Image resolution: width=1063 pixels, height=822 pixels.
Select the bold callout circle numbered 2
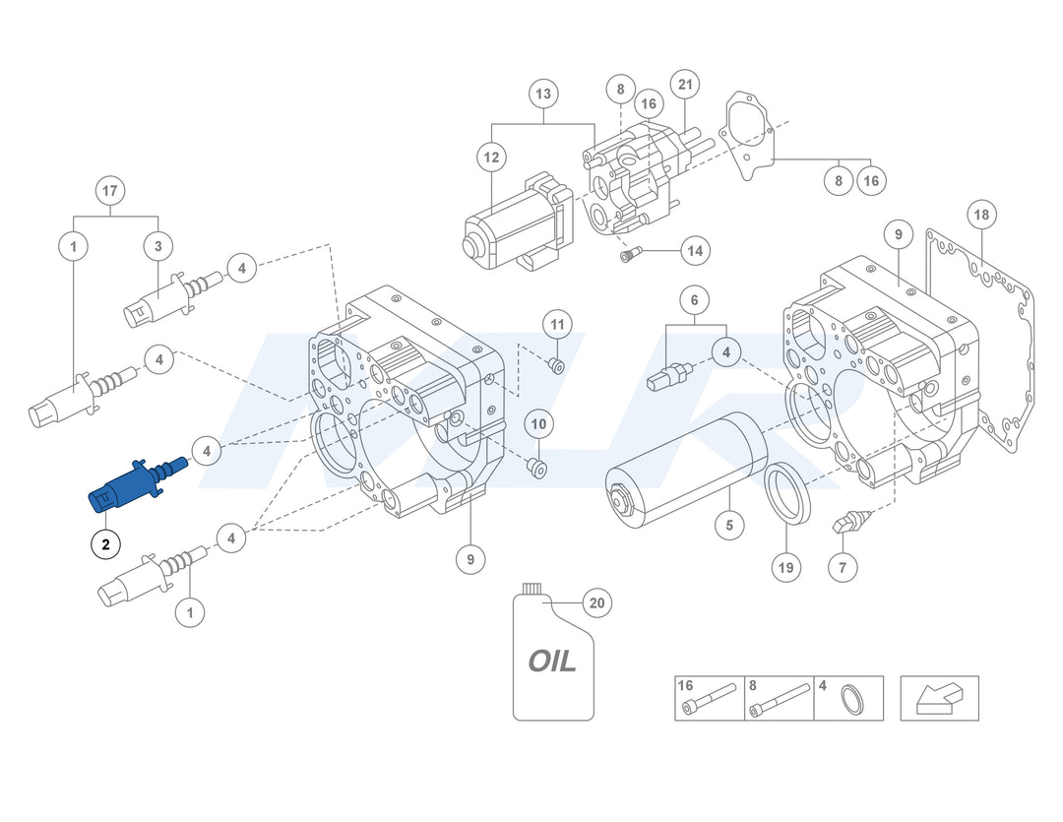click(x=105, y=543)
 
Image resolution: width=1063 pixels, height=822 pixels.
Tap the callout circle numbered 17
click(x=109, y=190)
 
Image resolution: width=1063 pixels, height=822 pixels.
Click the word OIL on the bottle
click(x=552, y=660)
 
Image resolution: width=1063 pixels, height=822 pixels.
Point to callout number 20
click(x=596, y=601)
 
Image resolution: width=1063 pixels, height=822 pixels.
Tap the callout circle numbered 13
click(x=543, y=95)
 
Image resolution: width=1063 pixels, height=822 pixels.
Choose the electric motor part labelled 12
click(x=514, y=224)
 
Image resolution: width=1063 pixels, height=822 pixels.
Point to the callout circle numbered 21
click(x=685, y=85)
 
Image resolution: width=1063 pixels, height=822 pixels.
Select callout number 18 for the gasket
click(x=980, y=215)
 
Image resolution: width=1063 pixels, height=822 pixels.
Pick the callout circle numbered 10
click(x=539, y=424)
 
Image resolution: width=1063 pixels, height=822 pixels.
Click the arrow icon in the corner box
click(x=939, y=698)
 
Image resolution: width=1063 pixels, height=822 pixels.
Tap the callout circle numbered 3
click(x=158, y=245)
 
